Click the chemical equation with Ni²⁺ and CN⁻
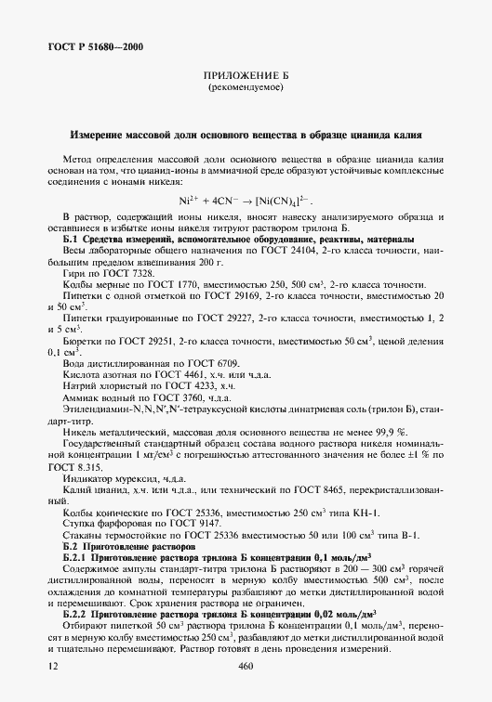click(x=246, y=201)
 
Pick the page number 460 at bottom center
click(x=246, y=667)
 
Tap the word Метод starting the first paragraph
click(x=77, y=160)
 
